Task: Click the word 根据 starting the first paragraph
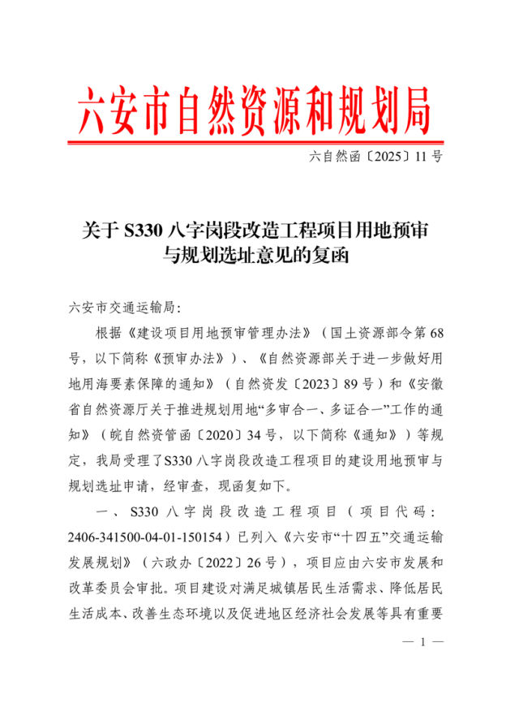108,334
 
